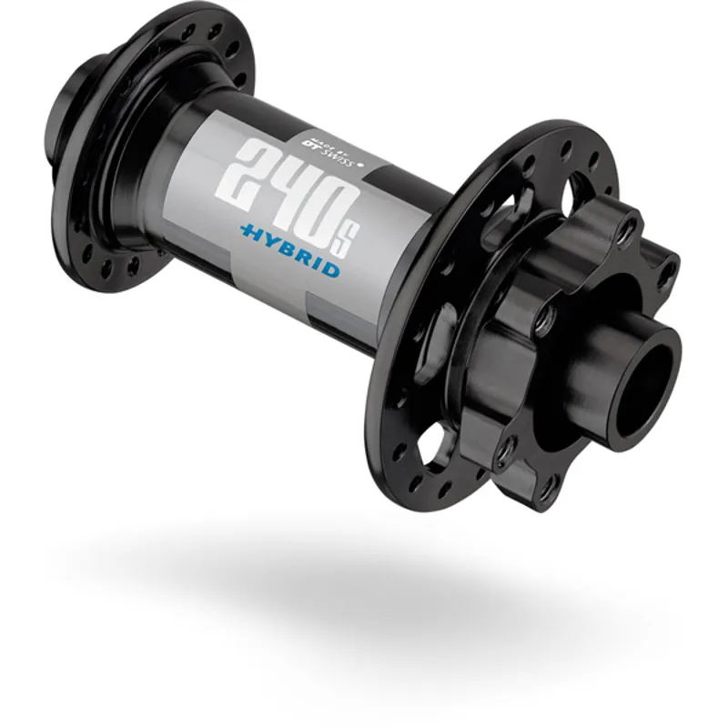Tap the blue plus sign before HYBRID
(247, 231)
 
